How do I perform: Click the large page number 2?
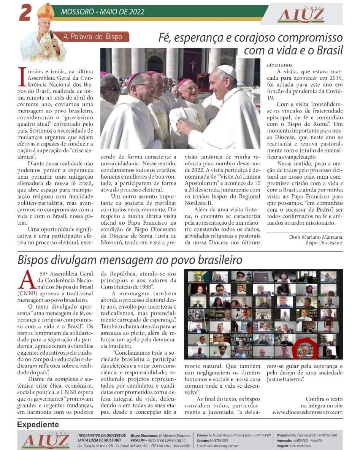tap(25, 13)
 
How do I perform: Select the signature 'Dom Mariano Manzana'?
tap(316, 237)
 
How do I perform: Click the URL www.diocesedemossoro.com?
tap(307, 412)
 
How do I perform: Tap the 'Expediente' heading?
tap(38, 425)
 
